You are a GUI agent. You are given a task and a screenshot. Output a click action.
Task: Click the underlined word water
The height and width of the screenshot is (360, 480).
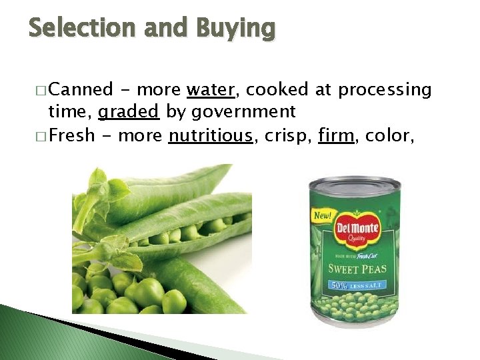210,89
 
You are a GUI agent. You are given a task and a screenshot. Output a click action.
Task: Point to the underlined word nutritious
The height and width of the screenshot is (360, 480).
211,136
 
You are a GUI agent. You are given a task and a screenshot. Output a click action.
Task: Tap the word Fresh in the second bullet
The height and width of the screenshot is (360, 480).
72,136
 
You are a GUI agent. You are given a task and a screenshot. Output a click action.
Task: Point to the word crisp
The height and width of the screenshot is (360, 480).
286,136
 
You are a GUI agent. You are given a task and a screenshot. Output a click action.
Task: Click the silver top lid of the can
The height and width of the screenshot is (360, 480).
354,185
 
